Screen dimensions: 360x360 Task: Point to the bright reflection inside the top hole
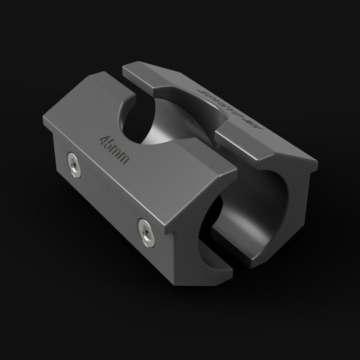(160, 135)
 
